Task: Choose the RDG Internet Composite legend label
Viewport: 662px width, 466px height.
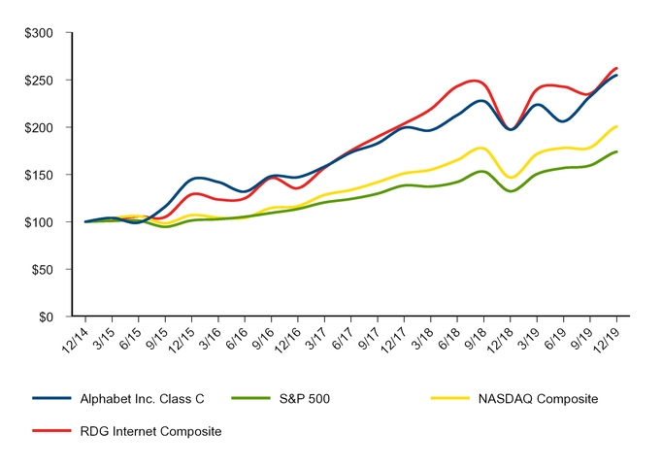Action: [x=151, y=430]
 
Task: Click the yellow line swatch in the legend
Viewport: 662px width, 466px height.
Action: [x=450, y=398]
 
